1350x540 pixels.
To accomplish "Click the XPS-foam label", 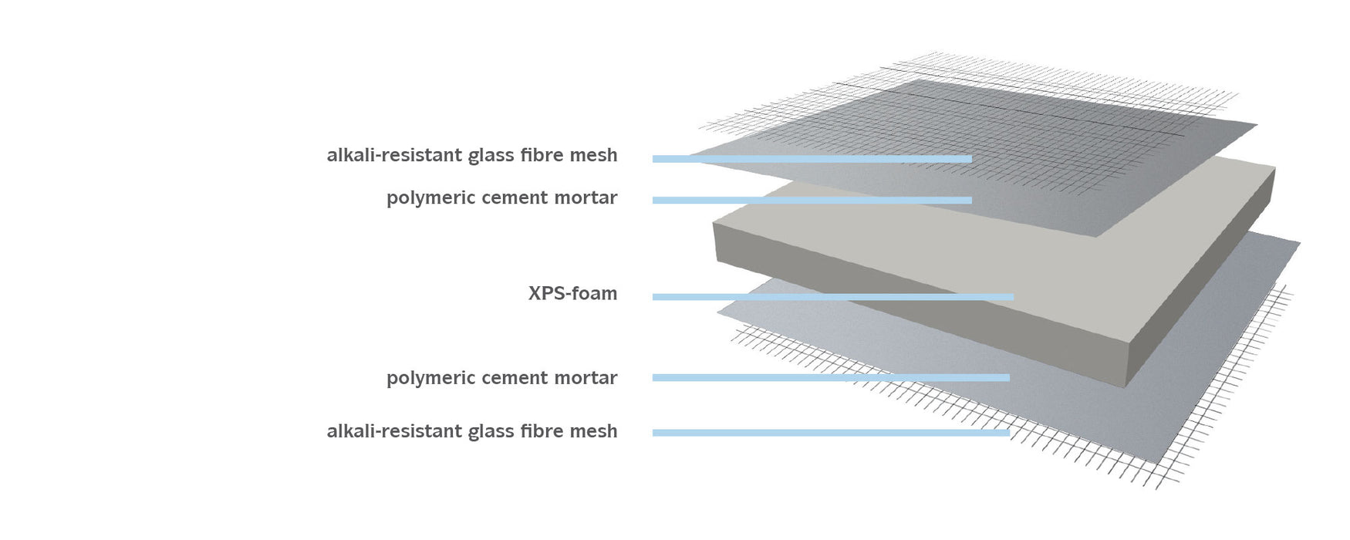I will [572, 293].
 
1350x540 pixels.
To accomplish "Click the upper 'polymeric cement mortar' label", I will [501, 198].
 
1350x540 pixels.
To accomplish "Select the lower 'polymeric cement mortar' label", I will [501, 378].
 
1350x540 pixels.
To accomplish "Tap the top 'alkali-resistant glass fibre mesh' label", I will [471, 155].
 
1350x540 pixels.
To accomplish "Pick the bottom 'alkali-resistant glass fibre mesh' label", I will [471, 431].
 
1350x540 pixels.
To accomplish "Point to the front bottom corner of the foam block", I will [1128, 386].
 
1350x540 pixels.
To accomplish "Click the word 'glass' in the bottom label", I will [492, 431].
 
